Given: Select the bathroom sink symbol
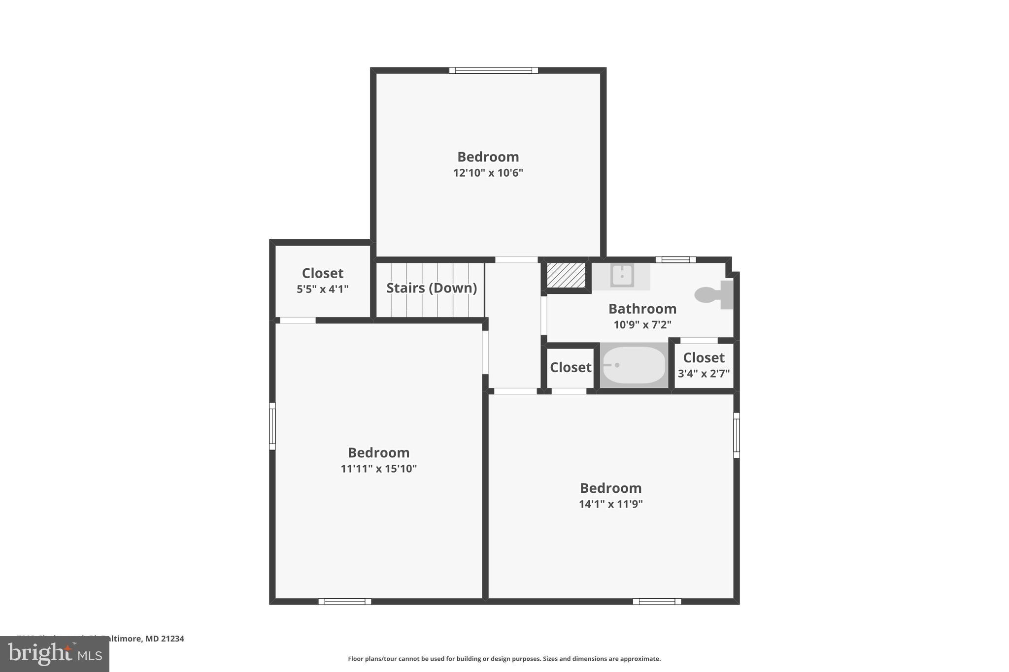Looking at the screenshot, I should pyautogui.click(x=622, y=275).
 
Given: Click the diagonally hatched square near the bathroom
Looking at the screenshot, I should pyautogui.click(x=566, y=275).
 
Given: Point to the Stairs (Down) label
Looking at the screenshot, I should pyautogui.click(x=431, y=288).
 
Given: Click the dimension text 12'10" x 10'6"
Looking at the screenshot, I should pyautogui.click(x=488, y=173).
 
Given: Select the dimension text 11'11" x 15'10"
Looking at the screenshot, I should pyautogui.click(x=378, y=469).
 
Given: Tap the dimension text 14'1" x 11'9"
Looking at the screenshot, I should pyautogui.click(x=610, y=504).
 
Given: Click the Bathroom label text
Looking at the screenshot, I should pyautogui.click(x=642, y=309).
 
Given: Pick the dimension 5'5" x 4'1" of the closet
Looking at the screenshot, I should pyautogui.click(x=322, y=289).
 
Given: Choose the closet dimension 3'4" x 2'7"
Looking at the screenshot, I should pyautogui.click(x=704, y=374).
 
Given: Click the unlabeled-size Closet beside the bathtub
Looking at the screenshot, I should pyautogui.click(x=571, y=367).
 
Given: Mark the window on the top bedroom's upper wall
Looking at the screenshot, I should pyautogui.click(x=493, y=70).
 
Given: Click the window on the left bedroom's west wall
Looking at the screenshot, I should pyautogui.click(x=272, y=426).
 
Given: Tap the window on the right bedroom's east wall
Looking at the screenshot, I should pyautogui.click(x=737, y=435).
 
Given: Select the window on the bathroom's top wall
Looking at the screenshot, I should pyautogui.click(x=675, y=259).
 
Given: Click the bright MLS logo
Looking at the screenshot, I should pyautogui.click(x=55, y=654).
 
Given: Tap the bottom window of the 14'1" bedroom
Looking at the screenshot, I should pyautogui.click(x=657, y=601).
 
